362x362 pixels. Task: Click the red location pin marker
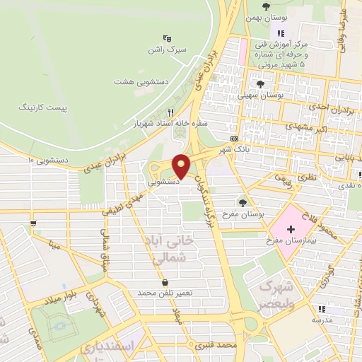(x=182, y=166)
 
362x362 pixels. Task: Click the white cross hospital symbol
(x=291, y=269)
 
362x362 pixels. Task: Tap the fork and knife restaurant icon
(x=170, y=112)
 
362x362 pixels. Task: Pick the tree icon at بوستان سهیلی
(x=262, y=83)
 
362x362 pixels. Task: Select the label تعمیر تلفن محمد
(x=165, y=292)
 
